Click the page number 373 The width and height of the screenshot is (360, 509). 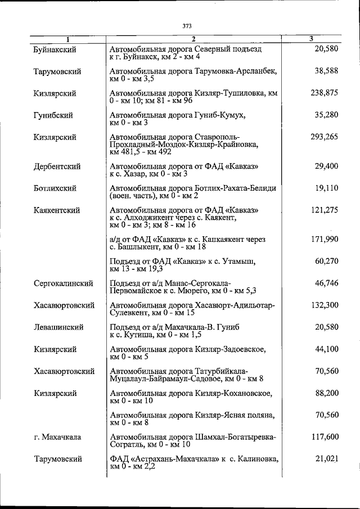[x=187, y=25]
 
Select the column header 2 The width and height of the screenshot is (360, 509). [x=192, y=39]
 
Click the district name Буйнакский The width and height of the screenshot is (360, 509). [x=55, y=49]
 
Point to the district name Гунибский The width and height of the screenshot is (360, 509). [x=53, y=115]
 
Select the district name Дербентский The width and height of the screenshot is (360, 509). [x=57, y=166]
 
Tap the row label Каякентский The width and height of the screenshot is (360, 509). [x=56, y=210]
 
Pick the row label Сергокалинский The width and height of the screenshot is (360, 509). [x=63, y=283]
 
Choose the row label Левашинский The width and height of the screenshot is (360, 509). [x=58, y=327]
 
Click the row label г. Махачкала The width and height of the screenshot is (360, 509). [x=57, y=437]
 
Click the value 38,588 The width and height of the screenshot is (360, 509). [x=326, y=71]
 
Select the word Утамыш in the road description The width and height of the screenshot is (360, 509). [x=241, y=262]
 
